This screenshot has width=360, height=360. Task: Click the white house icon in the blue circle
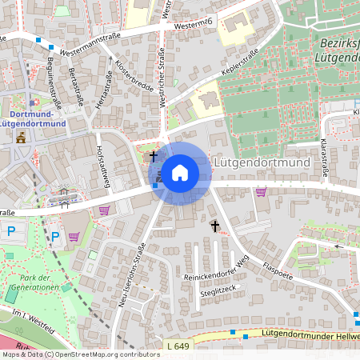pos(180,172)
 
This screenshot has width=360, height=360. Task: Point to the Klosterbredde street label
pos(133,76)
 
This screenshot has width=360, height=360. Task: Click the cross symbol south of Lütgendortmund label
pos(214,226)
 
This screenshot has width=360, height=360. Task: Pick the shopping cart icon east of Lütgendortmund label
pos(261,190)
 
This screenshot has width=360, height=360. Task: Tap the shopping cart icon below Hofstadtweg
pos(104,210)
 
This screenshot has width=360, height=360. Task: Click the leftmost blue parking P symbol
pos(11,230)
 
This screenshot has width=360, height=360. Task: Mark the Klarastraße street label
pos(326,156)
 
